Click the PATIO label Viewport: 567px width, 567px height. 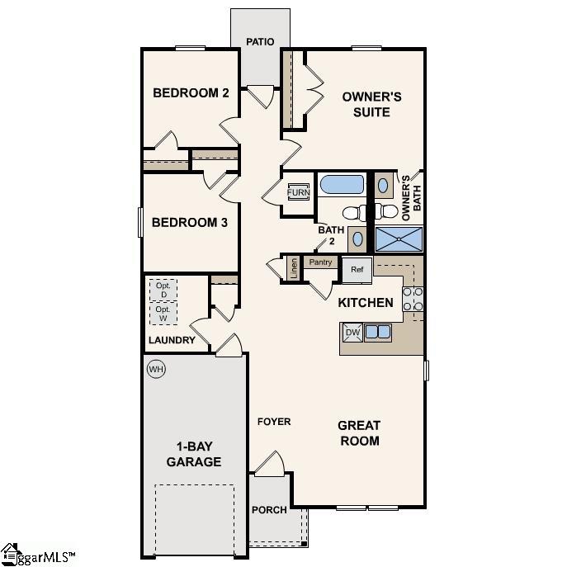[x=260, y=40]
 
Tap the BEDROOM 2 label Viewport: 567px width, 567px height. [x=191, y=92]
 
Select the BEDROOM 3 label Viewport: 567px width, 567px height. [x=184, y=222]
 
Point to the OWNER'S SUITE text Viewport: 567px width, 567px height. [x=372, y=104]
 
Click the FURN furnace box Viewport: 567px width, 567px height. [x=298, y=193]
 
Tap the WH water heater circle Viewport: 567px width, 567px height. [x=156, y=369]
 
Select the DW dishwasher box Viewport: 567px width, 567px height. [x=352, y=332]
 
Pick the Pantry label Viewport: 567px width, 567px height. [x=321, y=262]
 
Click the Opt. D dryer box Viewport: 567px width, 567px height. [x=163, y=290]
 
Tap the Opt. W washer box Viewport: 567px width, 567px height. [x=163, y=314]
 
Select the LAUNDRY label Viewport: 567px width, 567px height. [x=172, y=340]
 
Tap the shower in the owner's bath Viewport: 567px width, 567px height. [x=399, y=239]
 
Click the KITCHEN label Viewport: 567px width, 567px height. [x=366, y=303]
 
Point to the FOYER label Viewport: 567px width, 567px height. [x=274, y=422]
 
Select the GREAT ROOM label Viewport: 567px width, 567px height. [x=359, y=433]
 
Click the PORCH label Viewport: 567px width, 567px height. [x=269, y=510]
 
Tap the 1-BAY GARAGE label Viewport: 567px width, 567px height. [x=194, y=454]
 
